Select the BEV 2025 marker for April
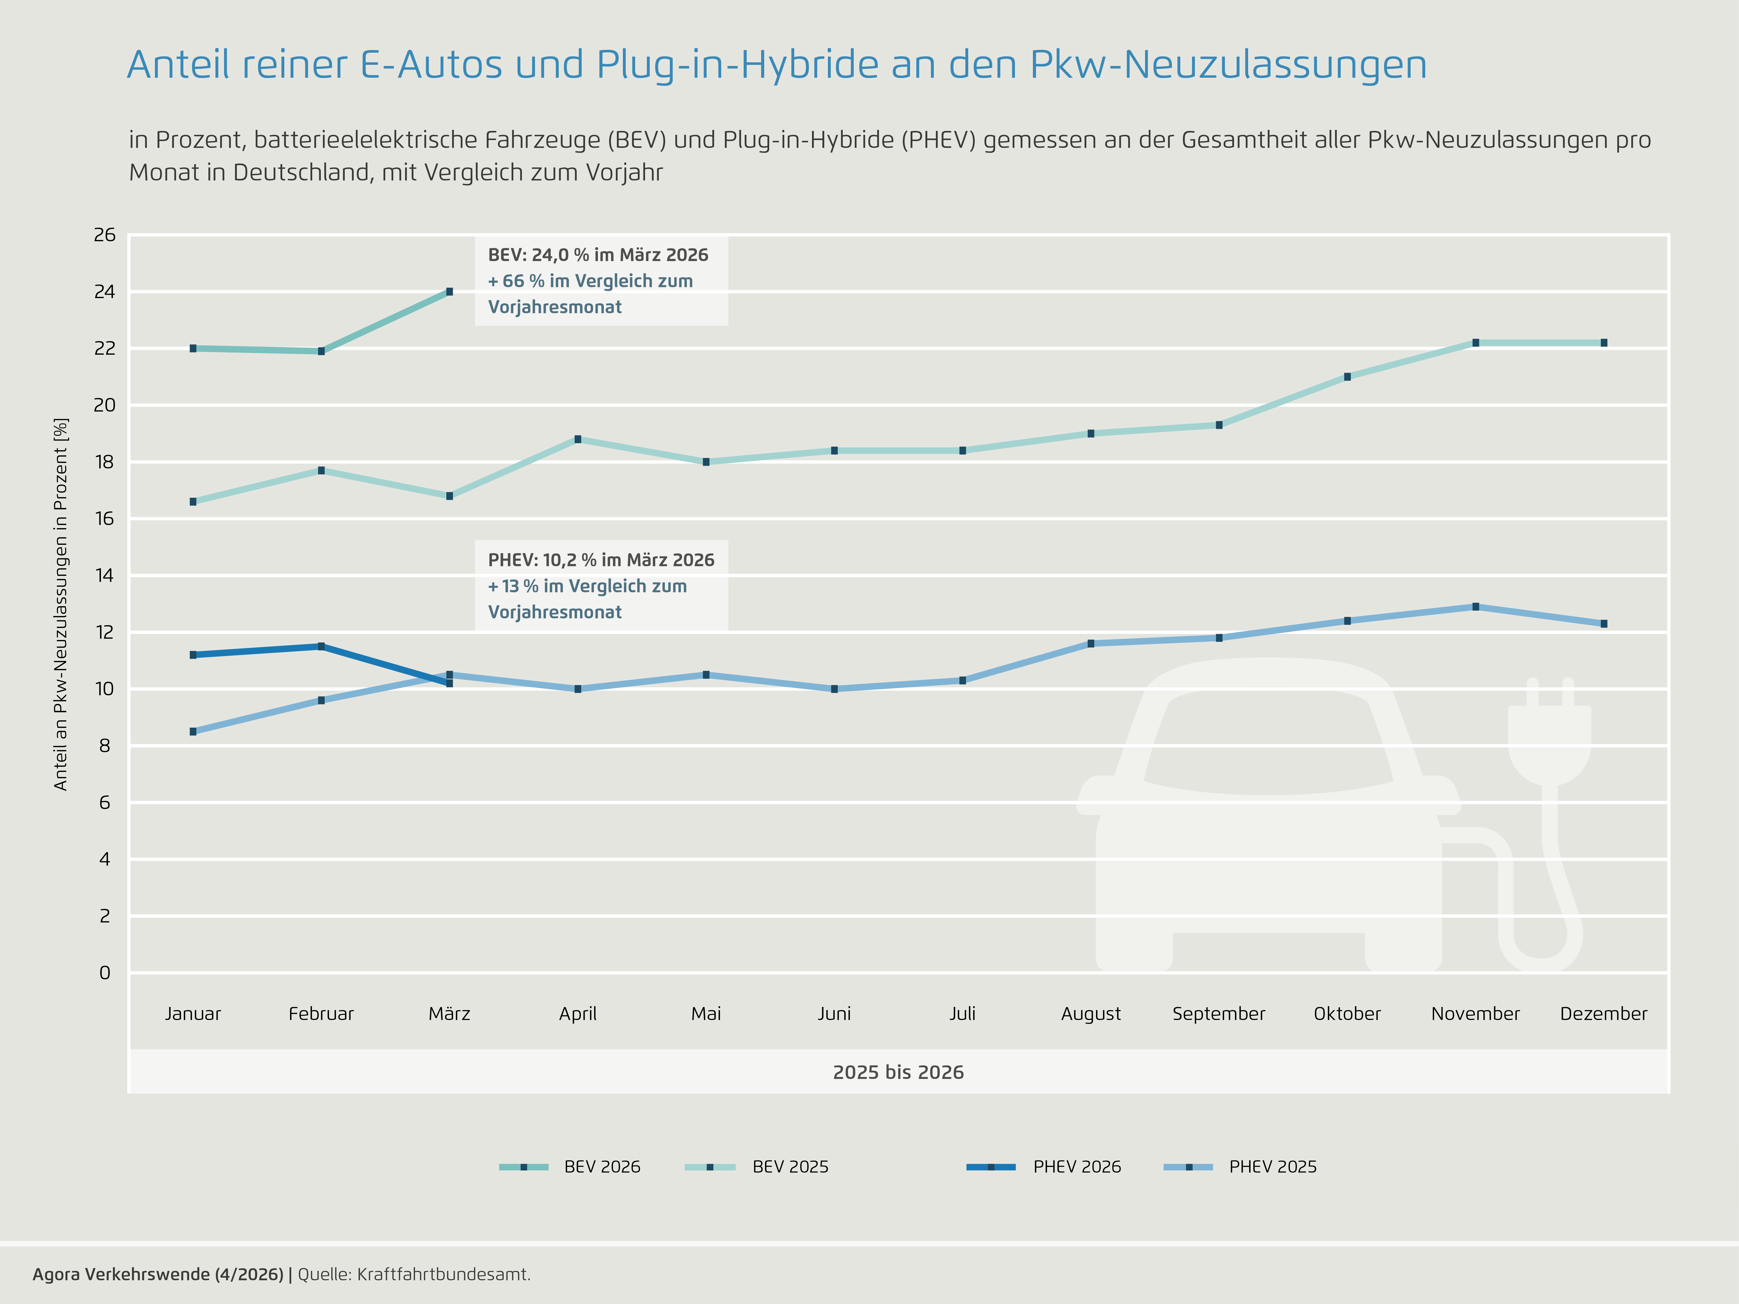coord(578,439)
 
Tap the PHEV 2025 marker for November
coord(1476,607)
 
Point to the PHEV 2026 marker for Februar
coord(321,646)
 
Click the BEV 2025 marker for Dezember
coord(1604,343)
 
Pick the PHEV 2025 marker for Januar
coord(192,732)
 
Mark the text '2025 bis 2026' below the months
coord(898,1072)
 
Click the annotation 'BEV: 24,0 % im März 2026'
coord(598,255)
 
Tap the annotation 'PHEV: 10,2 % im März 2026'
coord(601,560)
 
